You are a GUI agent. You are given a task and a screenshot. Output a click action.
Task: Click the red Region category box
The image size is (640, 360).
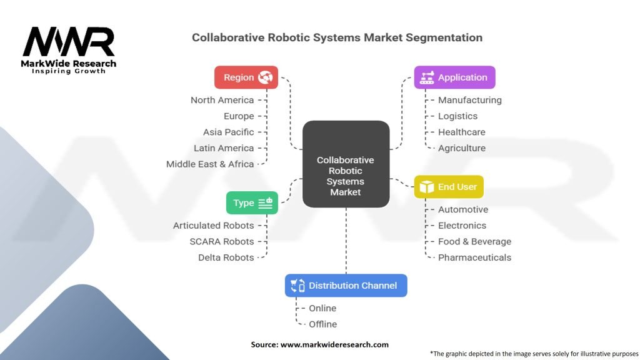point(246,77)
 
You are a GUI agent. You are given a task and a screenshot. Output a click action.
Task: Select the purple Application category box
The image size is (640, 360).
point(454,77)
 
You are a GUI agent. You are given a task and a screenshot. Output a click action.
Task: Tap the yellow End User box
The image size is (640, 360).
point(449,187)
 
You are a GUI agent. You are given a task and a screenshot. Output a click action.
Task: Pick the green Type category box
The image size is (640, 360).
point(252,203)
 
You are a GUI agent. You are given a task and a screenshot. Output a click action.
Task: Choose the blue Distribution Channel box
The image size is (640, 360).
point(346,286)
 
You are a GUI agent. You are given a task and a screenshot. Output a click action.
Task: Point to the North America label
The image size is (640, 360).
point(222,100)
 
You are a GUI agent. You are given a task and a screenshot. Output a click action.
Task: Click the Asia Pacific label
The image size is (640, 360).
point(229,132)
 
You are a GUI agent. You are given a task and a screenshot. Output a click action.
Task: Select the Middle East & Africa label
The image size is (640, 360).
point(210,164)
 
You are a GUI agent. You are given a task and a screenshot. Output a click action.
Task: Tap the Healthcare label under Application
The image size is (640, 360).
point(462,132)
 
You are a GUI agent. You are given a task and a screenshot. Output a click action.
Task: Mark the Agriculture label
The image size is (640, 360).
point(462,148)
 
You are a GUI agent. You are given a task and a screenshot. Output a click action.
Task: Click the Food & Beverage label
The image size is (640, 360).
point(474,241)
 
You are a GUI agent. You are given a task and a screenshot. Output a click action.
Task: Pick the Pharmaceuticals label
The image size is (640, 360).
point(474,257)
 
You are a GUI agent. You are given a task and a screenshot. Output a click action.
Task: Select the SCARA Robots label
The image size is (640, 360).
point(222,241)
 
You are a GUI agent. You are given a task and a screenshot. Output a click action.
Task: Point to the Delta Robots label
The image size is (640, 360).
point(226,257)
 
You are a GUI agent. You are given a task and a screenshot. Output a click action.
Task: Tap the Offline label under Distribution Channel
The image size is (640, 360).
point(322,324)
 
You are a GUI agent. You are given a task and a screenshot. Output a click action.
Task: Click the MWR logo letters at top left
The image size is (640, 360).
point(68,42)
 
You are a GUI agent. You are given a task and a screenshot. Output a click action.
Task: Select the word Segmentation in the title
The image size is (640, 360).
point(444,37)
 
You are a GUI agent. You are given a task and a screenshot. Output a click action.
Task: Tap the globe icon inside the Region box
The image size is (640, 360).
point(266,77)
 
